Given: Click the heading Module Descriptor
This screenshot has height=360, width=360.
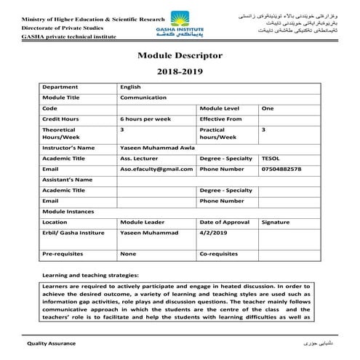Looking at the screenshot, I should tap(180, 55).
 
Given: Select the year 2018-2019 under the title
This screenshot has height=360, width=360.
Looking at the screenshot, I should tap(180, 73).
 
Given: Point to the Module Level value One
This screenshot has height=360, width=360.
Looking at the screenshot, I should tap(268, 107).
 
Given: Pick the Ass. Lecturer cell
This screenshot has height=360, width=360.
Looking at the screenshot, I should tap(136, 158).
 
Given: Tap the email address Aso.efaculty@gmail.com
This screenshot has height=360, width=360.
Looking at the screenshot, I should tap(156, 168).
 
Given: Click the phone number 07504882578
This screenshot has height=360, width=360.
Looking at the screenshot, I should tap(281, 168).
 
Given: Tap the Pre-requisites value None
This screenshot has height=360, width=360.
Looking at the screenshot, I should tap(128, 254).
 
